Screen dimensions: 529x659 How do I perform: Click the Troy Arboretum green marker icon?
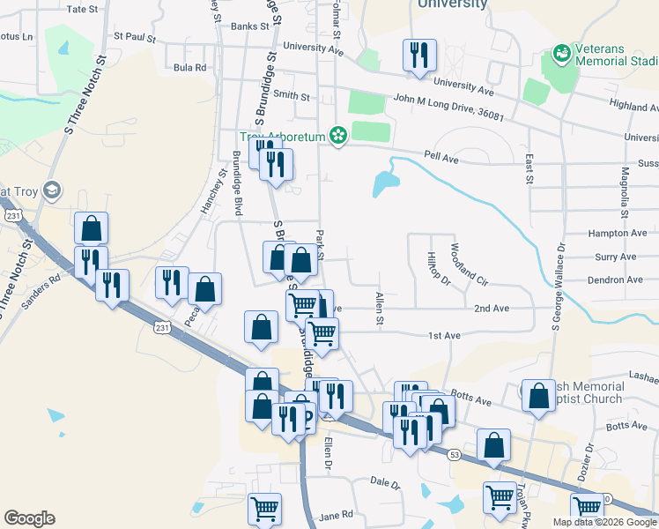tap(337, 136)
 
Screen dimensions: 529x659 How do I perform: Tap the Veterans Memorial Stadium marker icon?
tap(561, 54)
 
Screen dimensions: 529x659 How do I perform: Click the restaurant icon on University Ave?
tap(418, 56)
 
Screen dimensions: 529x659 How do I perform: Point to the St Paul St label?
tap(134, 39)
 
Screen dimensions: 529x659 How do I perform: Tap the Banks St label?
tap(249, 26)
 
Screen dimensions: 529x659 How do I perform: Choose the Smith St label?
tap(292, 95)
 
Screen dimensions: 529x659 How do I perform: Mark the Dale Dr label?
tap(385, 483)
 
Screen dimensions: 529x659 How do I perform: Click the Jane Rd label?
tap(337, 515)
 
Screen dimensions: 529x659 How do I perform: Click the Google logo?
tap(30, 518)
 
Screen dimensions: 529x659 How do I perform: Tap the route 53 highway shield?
tap(454, 454)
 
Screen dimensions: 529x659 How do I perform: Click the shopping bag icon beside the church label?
tap(538, 399)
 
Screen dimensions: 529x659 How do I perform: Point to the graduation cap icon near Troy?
tap(52, 190)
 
